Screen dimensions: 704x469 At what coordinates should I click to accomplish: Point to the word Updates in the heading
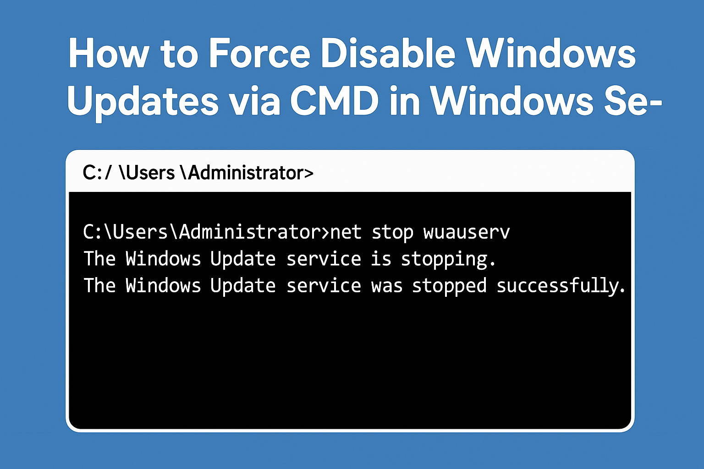pyautogui.click(x=143, y=103)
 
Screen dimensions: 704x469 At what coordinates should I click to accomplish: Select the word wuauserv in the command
pyautogui.click(x=467, y=233)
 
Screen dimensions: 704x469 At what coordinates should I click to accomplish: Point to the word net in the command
pyautogui.click(x=346, y=233)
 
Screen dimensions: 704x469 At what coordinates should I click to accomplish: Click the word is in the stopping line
pyautogui.click(x=381, y=259)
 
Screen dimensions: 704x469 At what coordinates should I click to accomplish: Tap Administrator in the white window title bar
pyautogui.click(x=247, y=173)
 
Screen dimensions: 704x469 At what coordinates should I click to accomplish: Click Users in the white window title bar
pyautogui.click(x=147, y=173)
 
